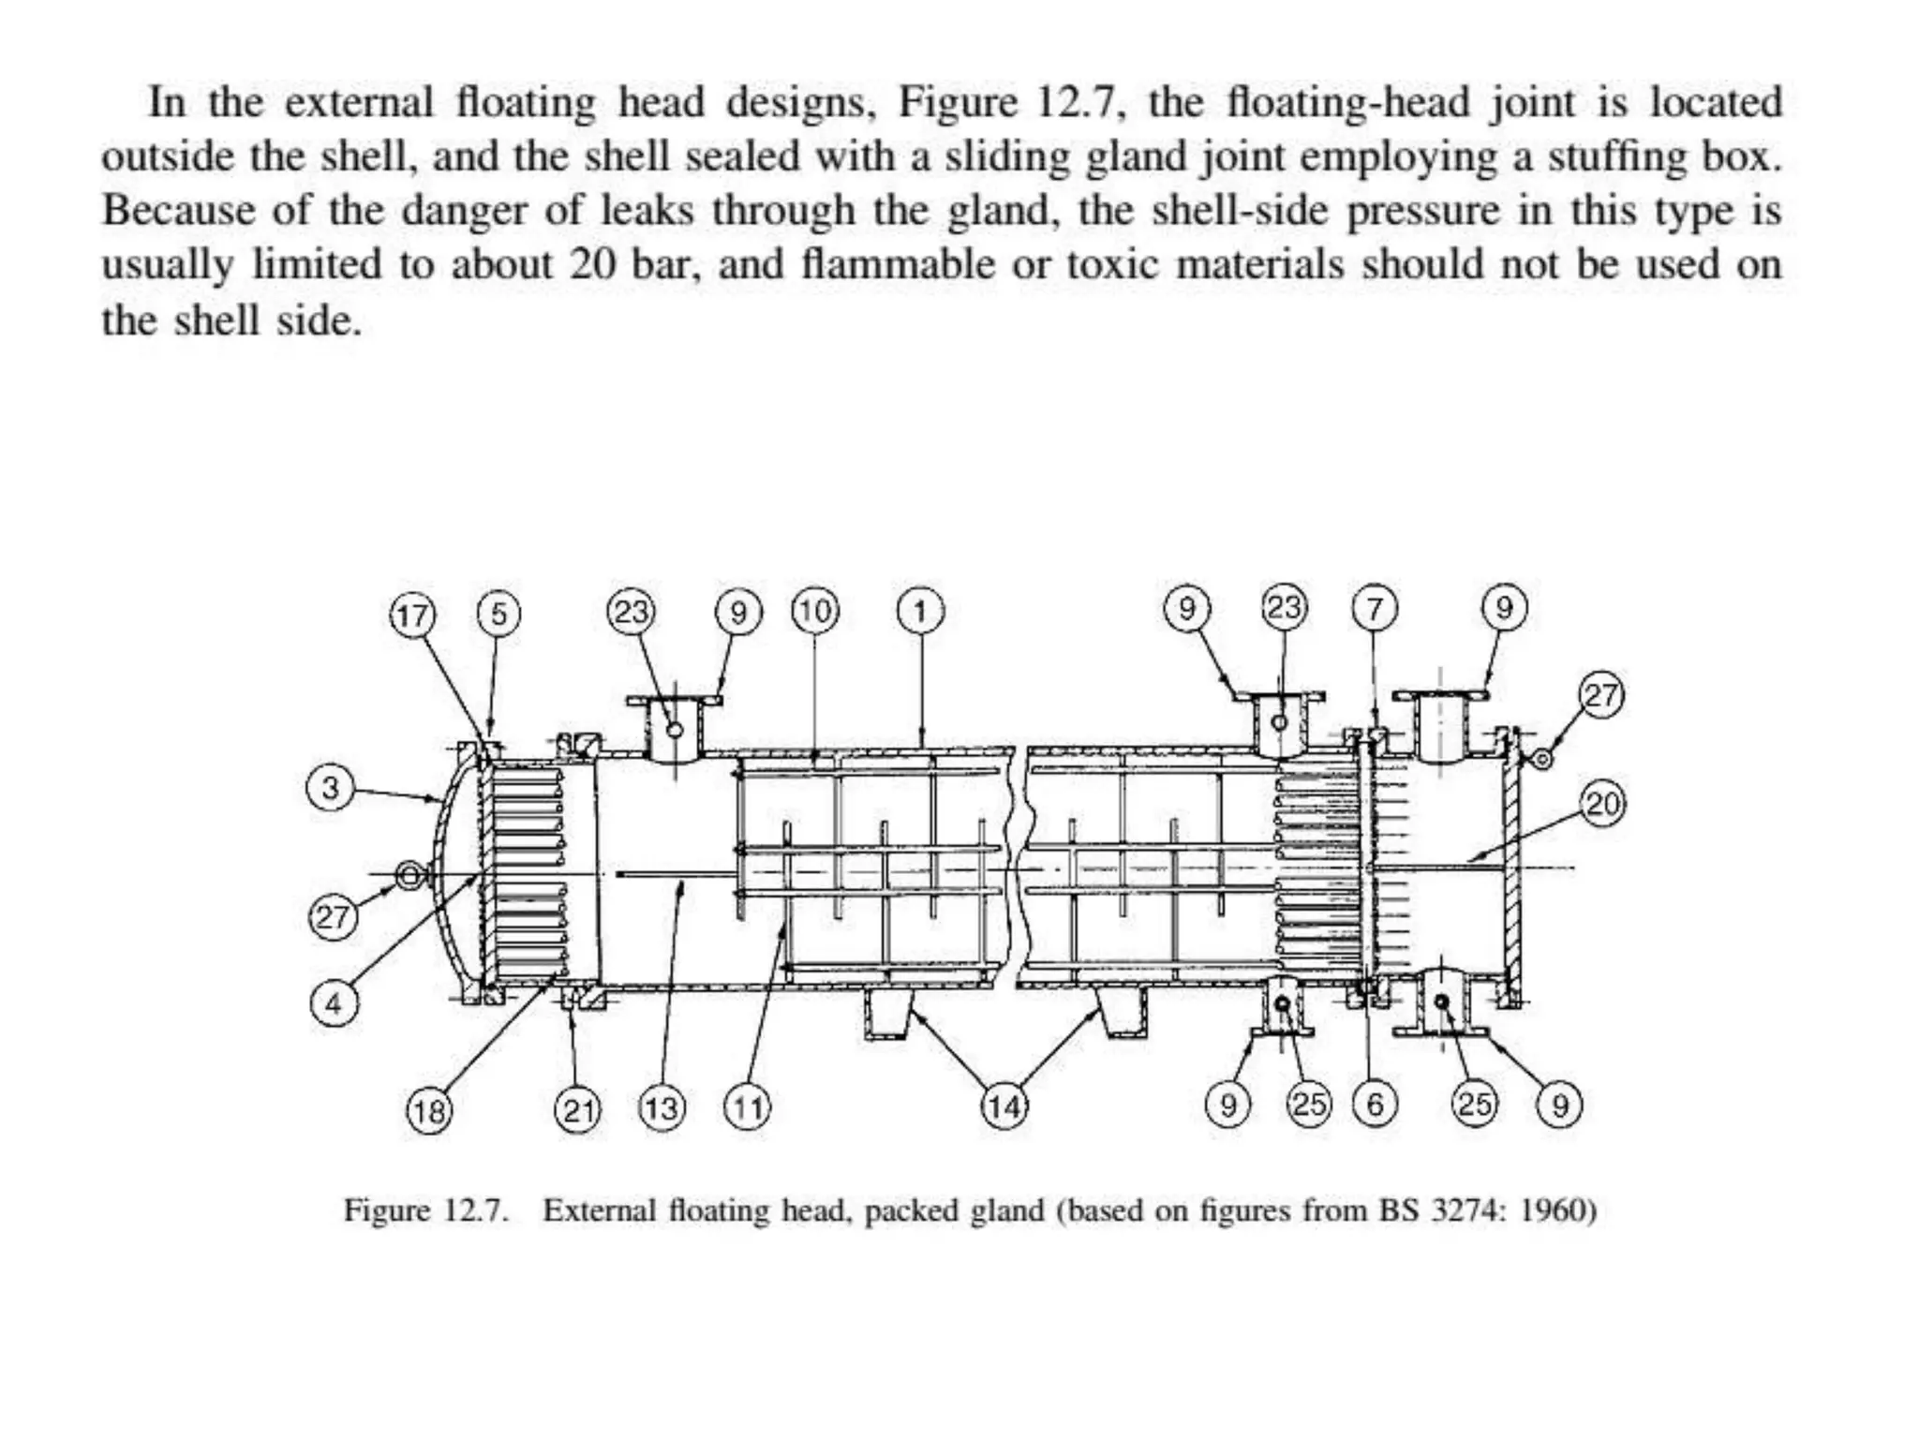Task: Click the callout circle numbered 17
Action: [412, 616]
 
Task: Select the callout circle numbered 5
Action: [498, 615]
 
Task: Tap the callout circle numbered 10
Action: [815, 612]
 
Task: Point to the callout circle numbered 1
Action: [920, 612]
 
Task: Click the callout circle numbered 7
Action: [1374, 610]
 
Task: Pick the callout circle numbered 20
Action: [1602, 805]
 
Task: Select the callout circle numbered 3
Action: [331, 788]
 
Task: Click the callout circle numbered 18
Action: [429, 1111]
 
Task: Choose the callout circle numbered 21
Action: [578, 1111]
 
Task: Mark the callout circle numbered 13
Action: [662, 1109]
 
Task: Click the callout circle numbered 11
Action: [747, 1109]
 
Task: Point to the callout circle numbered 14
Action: [1004, 1107]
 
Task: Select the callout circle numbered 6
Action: [1375, 1105]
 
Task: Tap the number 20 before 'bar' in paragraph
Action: [592, 265]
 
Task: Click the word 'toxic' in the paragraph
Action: [1111, 265]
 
